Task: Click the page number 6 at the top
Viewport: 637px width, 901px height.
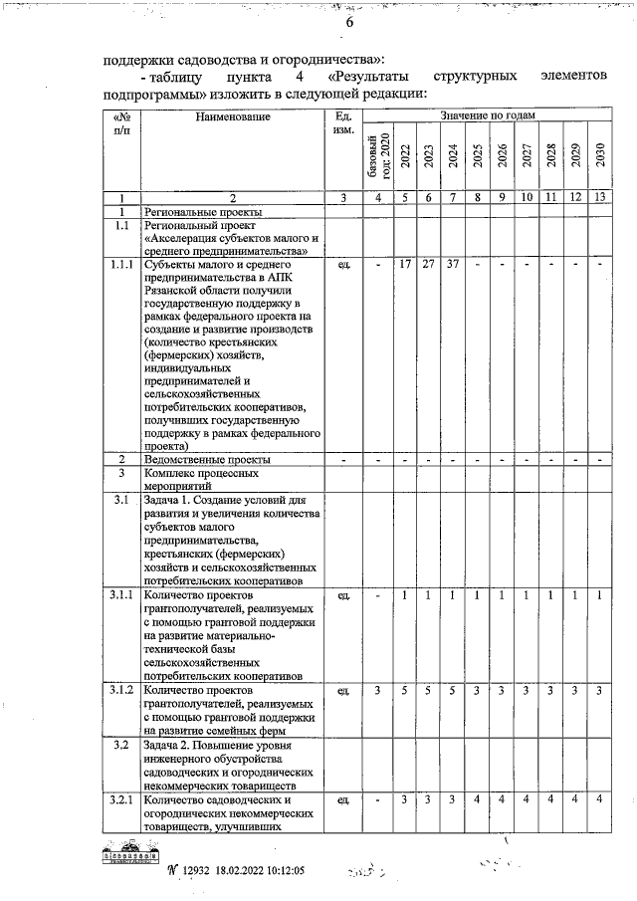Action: tap(322, 24)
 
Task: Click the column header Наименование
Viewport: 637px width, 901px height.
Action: tap(232, 117)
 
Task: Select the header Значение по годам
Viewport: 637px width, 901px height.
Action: tap(487, 116)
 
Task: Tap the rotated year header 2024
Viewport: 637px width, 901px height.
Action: tap(453, 156)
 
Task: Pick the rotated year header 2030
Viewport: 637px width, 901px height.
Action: tap(600, 156)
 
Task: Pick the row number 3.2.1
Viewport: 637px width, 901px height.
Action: tap(121, 799)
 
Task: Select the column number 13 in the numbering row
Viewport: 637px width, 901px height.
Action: tap(600, 198)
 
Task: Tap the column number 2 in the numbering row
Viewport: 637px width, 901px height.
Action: tap(232, 198)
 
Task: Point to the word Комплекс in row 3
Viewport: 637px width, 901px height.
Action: tap(172, 474)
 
